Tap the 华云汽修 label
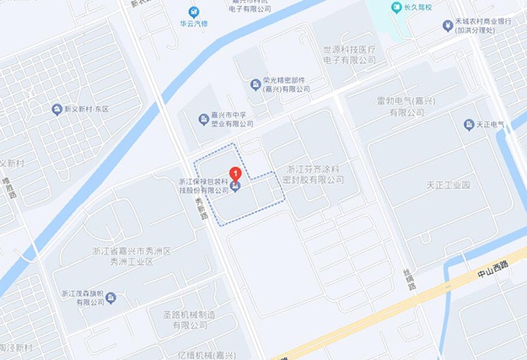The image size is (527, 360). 195,24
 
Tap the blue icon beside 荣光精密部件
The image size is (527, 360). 255,83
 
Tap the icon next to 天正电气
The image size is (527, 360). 469,125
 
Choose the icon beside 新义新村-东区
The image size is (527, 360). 56,109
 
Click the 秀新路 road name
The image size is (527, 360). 202,208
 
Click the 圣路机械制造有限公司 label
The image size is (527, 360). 186,319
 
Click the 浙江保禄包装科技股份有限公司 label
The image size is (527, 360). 203,185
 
